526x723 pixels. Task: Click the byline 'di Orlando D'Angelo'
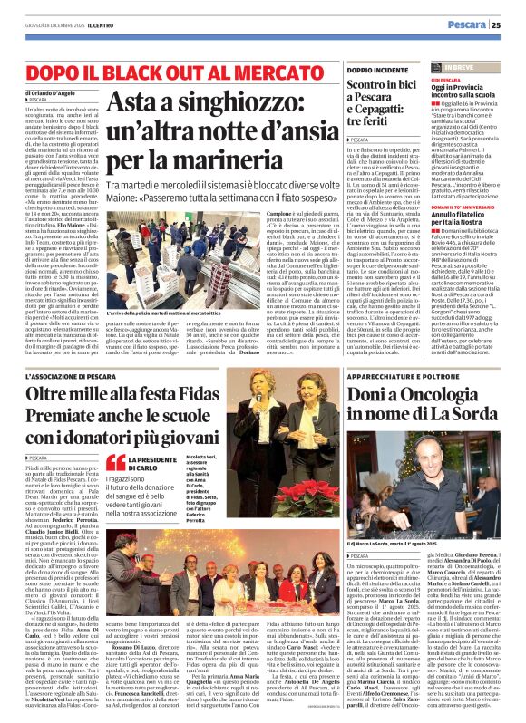click(44, 94)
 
